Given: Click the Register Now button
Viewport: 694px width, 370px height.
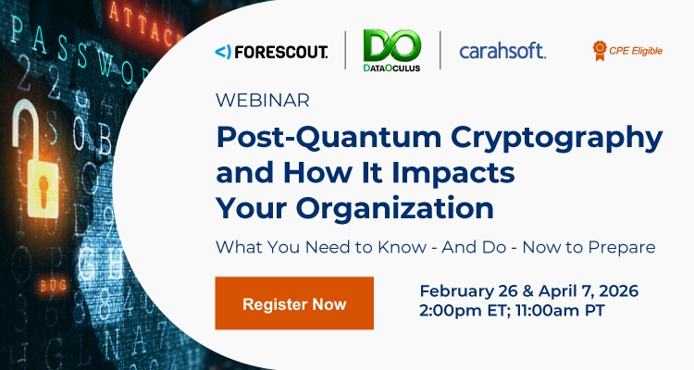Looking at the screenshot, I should click(x=294, y=303).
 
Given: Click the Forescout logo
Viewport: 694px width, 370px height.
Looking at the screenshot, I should click(x=270, y=51).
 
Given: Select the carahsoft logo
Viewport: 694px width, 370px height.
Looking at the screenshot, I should click(x=502, y=51).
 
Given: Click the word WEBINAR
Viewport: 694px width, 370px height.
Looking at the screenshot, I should click(x=262, y=100).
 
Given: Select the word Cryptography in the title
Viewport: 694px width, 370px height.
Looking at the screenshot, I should click(x=535, y=139).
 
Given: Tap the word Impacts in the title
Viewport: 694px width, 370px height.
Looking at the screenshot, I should click(x=461, y=171).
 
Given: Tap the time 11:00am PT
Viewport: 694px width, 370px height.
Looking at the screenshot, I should click(x=560, y=311).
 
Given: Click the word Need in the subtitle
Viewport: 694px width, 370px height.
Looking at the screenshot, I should click(x=310, y=247).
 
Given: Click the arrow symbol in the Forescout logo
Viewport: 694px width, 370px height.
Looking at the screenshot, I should click(x=222, y=52).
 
